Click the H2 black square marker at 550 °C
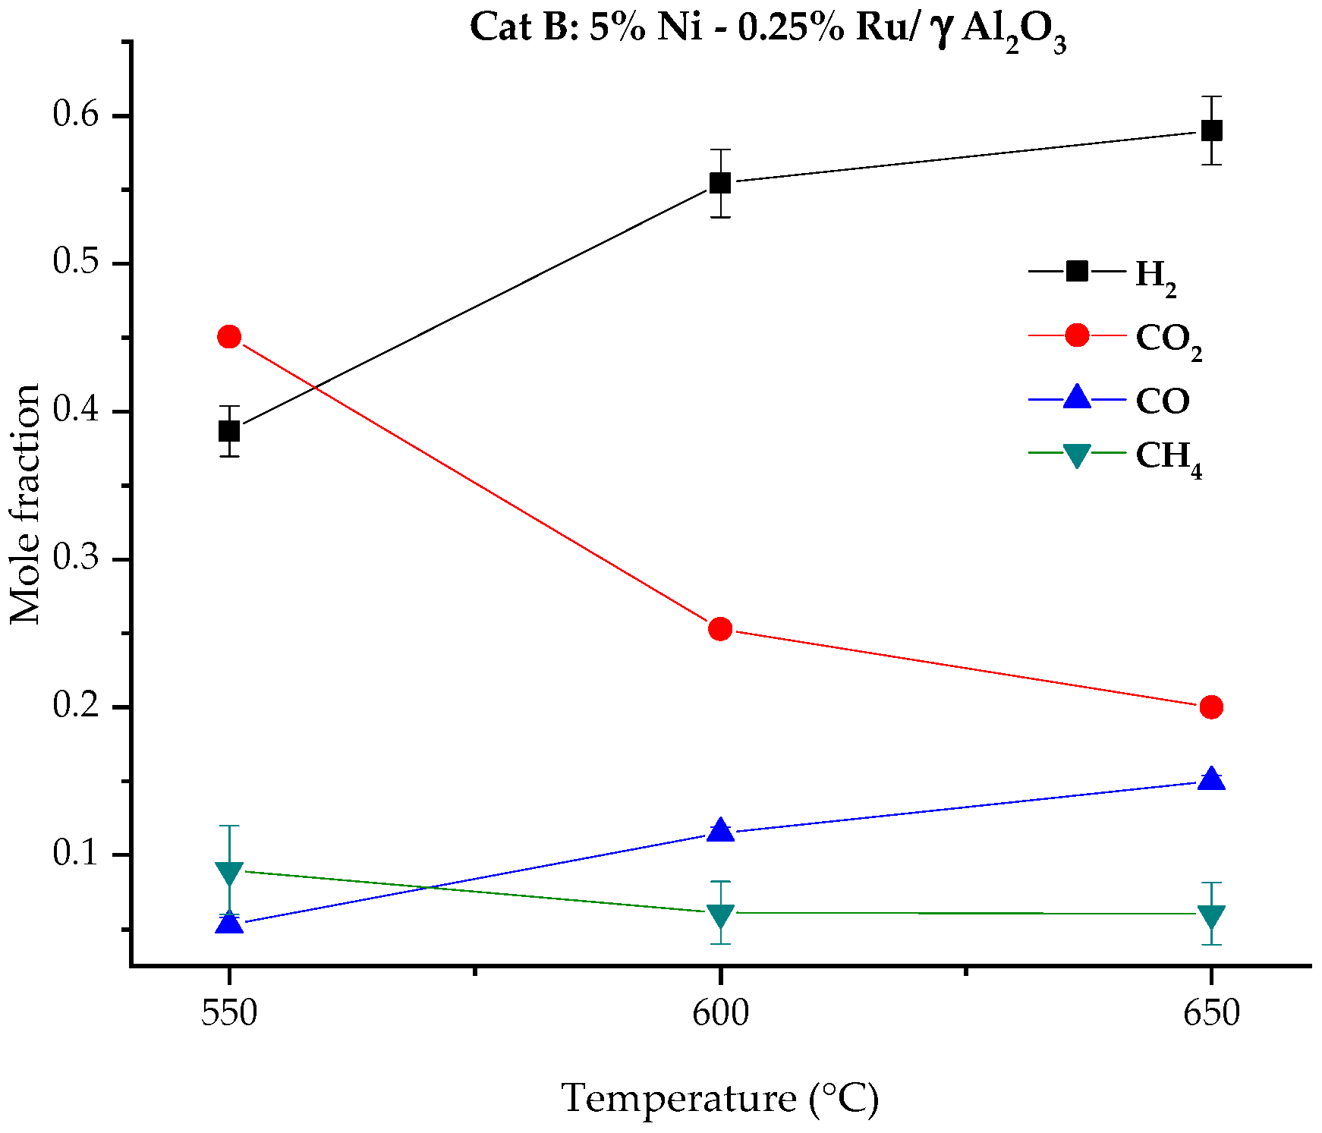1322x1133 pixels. (229, 431)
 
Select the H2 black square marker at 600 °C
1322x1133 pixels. (720, 183)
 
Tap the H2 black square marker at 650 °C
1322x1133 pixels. (1211, 131)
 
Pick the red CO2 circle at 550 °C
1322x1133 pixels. (229, 337)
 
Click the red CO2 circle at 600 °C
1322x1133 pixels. (720, 628)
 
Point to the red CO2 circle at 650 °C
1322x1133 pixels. (1211, 707)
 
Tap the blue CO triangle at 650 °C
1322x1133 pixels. (1211, 779)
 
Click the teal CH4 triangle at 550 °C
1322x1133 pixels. (229, 873)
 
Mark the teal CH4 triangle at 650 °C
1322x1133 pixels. (1211, 916)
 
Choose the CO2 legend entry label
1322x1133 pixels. (1167, 339)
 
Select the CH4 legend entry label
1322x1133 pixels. (1167, 458)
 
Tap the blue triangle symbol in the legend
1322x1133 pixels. (1077, 398)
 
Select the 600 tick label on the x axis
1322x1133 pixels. (720, 1014)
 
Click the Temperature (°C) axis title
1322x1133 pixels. (719, 1099)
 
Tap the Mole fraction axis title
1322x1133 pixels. (26, 504)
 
